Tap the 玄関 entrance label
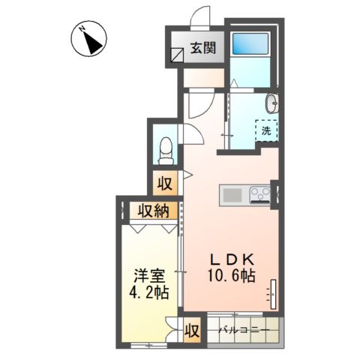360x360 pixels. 203,49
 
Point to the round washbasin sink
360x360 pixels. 271,103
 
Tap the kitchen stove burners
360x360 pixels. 259,196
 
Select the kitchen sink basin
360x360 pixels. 232,196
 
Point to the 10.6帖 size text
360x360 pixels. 232,275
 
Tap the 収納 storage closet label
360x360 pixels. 151,211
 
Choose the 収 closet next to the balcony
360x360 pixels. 192,328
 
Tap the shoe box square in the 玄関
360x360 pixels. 177,55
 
